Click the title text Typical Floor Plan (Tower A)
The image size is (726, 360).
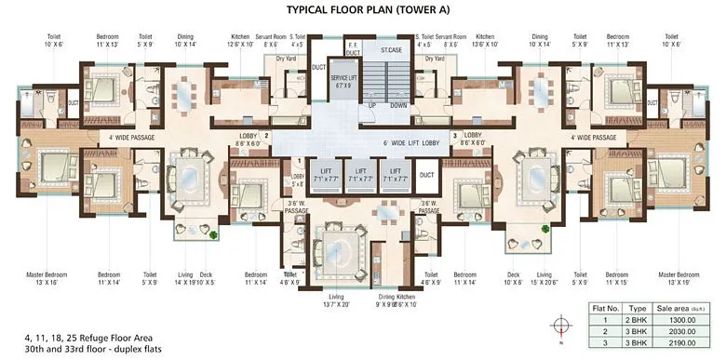point(363,12)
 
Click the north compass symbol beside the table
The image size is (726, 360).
point(558,326)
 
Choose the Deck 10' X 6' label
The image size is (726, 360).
point(513,278)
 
